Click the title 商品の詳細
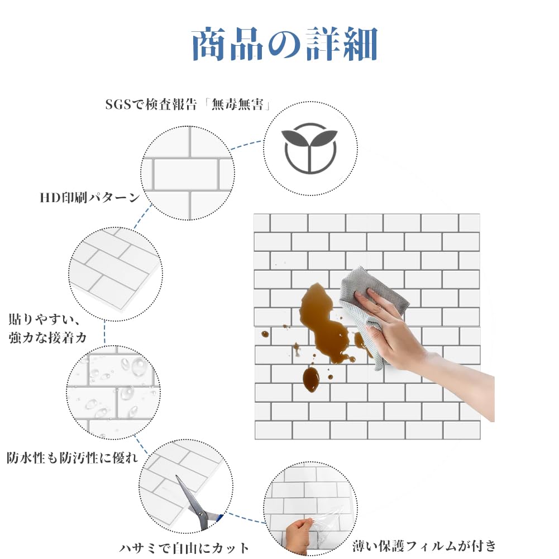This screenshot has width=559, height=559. point(284,44)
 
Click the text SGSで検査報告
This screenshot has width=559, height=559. point(151,104)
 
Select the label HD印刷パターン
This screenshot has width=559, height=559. point(90,197)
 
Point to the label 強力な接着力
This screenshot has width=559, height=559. point(48,337)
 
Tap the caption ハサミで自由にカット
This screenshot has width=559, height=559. point(184,548)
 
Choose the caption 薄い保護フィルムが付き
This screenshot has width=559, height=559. point(424,546)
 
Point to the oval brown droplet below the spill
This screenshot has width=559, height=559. point(311,379)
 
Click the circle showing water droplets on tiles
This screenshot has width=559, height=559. point(113,392)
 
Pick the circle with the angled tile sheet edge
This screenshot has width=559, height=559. point(116,274)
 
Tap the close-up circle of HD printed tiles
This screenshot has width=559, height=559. point(188,173)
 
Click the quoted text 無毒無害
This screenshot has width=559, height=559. point(237,104)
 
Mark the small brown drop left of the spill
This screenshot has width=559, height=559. point(265,334)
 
